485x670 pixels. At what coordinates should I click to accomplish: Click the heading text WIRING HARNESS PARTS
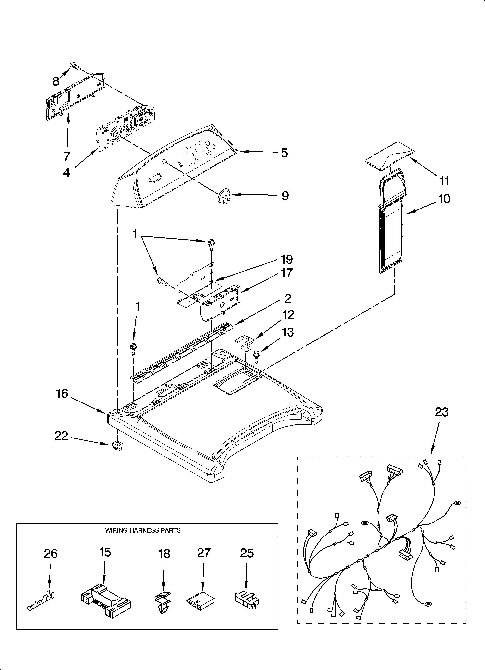[x=143, y=530]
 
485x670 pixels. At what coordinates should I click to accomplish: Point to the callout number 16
[x=62, y=394]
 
